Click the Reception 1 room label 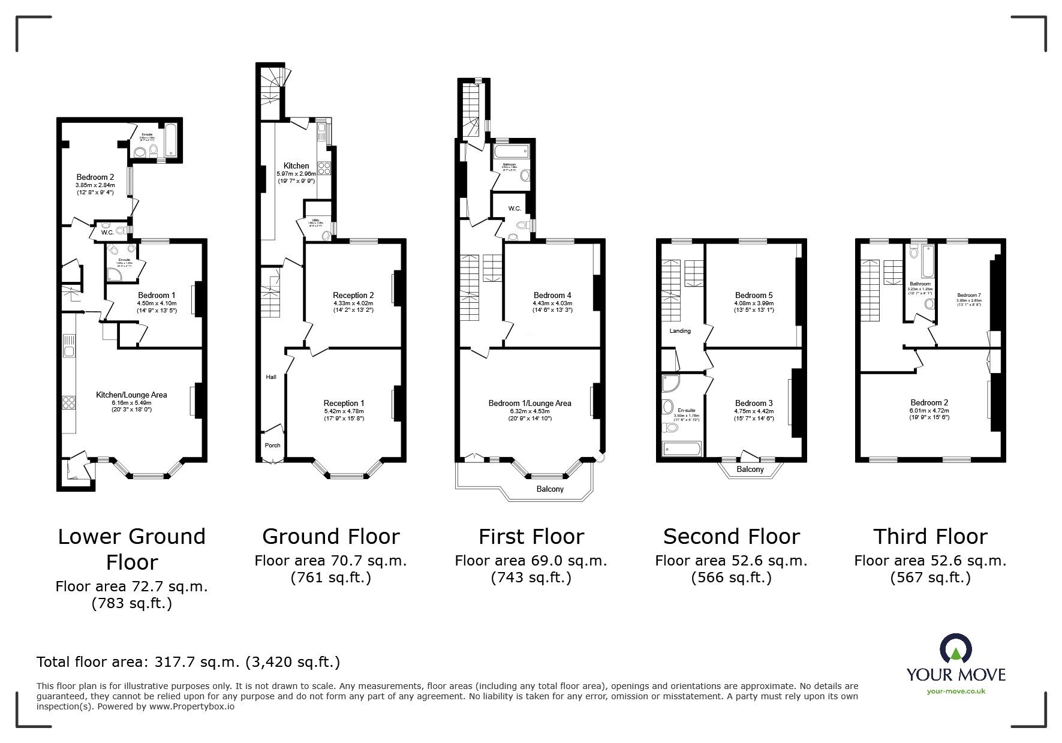click(x=344, y=403)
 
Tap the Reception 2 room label click(x=353, y=295)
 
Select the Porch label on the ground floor click(x=272, y=445)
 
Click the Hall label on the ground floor click(x=271, y=377)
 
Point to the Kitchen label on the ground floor click(x=296, y=166)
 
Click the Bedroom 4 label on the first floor click(x=552, y=295)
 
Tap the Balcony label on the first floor click(x=550, y=489)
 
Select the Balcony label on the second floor click(x=750, y=469)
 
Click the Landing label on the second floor click(x=680, y=330)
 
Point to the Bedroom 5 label click(x=754, y=295)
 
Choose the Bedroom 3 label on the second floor click(x=754, y=403)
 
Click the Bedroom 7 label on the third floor click(x=968, y=295)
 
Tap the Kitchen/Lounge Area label click(x=131, y=395)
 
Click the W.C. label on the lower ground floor click(x=107, y=232)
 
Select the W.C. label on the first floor click(x=515, y=208)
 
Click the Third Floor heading click(x=929, y=536)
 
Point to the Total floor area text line click(x=188, y=662)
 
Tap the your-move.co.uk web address click(x=955, y=691)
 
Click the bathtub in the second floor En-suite click(x=682, y=449)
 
